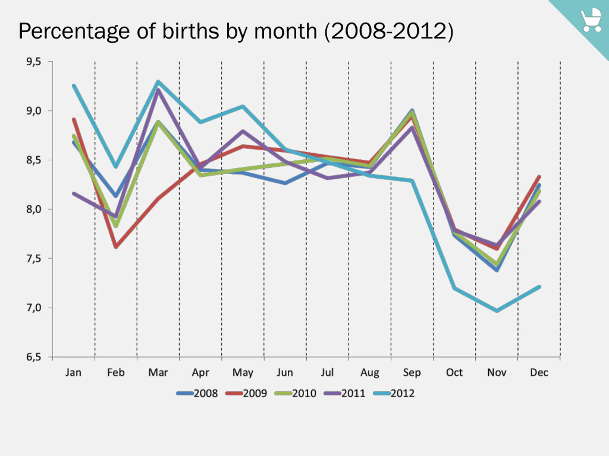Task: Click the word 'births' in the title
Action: [191, 31]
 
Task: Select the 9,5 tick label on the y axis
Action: [34, 62]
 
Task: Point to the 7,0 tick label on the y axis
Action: [34, 308]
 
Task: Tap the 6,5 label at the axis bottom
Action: [34, 357]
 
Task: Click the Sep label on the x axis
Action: [412, 372]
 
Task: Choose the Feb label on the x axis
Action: [116, 372]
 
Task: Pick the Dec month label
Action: [539, 372]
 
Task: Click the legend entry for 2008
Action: [197, 393]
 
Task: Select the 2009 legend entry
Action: [246, 393]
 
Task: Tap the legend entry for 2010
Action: [296, 393]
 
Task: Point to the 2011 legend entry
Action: [345, 393]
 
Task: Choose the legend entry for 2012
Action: [394, 393]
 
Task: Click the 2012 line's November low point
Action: [497, 311]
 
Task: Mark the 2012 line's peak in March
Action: [158, 81]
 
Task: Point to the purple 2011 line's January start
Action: [74, 194]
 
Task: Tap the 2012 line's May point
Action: [243, 106]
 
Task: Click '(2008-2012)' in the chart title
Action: [389, 31]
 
